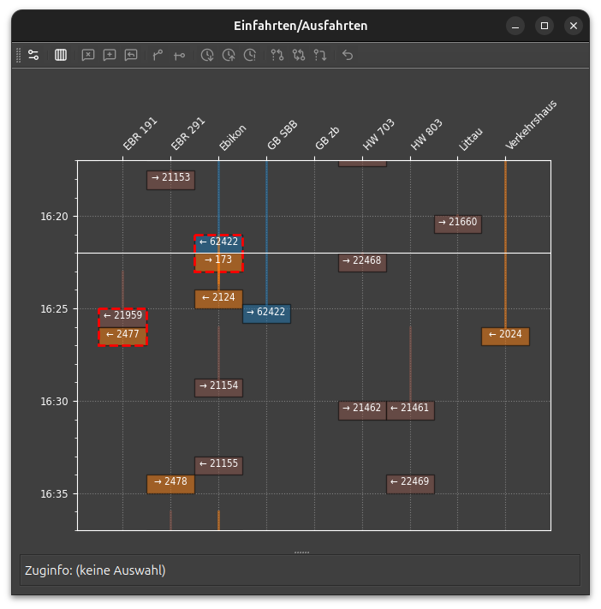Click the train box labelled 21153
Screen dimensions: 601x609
(170, 180)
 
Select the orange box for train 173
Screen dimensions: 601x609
(218, 262)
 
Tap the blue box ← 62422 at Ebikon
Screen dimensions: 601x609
(218, 244)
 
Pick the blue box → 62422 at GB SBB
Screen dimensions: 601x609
(266, 313)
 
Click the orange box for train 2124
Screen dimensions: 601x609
(218, 299)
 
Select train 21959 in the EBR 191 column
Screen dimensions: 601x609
(122, 318)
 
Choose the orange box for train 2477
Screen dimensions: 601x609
(122, 337)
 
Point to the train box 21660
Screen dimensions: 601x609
(458, 224)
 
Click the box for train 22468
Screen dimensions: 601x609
(362, 263)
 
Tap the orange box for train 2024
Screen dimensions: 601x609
(505, 337)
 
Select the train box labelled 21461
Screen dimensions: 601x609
(410, 410)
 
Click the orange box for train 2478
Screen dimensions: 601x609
(170, 484)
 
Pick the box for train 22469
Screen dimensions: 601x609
(410, 484)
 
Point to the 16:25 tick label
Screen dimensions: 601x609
(54, 308)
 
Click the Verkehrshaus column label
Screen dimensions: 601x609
(531, 124)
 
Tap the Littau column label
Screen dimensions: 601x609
(471, 139)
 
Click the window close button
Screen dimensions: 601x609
(573, 26)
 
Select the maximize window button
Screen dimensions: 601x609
(544, 26)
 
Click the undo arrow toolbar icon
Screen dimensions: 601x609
(348, 55)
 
